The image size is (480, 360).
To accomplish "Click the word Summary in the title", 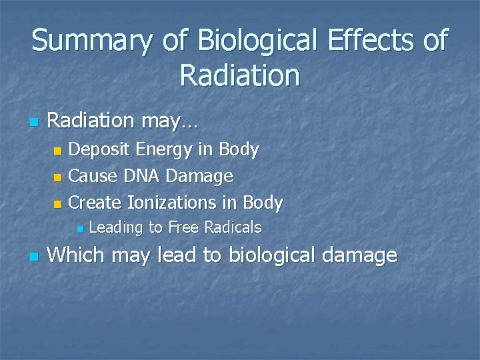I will click(x=92, y=41).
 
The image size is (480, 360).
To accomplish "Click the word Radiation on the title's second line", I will click(x=240, y=75).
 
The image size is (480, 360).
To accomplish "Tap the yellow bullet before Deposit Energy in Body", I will click(x=58, y=151).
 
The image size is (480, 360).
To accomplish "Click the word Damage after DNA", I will click(x=199, y=177).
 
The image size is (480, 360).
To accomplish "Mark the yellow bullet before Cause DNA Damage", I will click(x=58, y=177).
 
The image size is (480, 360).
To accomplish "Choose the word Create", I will click(x=95, y=203).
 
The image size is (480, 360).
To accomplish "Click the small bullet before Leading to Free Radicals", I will click(x=79, y=229).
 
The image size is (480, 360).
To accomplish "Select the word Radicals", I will click(x=233, y=227).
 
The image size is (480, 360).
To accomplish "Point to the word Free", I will click(x=184, y=227).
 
